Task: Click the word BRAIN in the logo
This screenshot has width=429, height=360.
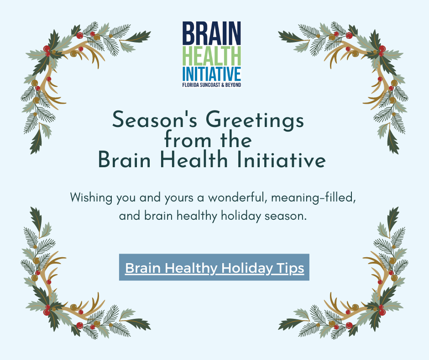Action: [x=211, y=33]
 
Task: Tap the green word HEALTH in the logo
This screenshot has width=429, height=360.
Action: [x=211, y=56]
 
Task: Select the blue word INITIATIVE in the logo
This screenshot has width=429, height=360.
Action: [x=211, y=74]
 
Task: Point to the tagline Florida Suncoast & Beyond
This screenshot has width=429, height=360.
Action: [x=211, y=85]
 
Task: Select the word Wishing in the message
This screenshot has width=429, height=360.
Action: [x=91, y=197]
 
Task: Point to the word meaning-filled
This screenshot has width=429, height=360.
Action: [x=313, y=198]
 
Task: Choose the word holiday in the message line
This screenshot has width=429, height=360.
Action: [x=241, y=216]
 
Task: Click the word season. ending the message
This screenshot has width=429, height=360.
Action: [x=285, y=217]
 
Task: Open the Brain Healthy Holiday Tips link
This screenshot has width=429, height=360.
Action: [x=214, y=267]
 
